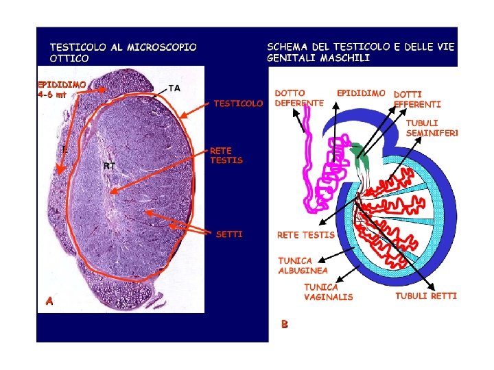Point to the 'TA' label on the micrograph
(x=174, y=88)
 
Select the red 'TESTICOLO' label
(x=238, y=103)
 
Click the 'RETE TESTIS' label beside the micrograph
(x=226, y=156)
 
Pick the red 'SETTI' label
(x=229, y=234)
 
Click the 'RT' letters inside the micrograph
(x=109, y=166)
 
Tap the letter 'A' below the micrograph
(x=49, y=300)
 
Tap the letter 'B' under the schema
(x=283, y=323)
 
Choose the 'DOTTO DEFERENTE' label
(x=299, y=97)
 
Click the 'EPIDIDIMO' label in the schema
(x=361, y=92)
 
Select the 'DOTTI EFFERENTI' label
(x=417, y=99)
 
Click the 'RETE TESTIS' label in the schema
(x=305, y=235)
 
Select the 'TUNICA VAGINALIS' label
(x=329, y=292)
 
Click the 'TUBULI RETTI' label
(x=425, y=296)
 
